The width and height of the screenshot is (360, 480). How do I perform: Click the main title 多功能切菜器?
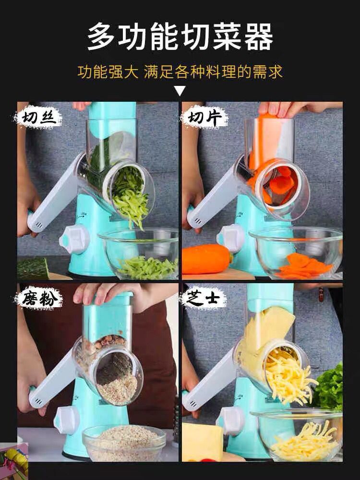point(180,37)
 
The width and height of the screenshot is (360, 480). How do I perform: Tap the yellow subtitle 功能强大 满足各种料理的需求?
point(180,72)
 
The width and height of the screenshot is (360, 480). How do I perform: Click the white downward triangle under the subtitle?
point(180,91)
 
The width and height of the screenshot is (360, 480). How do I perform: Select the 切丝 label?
point(37,118)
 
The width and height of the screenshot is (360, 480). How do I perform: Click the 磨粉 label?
point(39,299)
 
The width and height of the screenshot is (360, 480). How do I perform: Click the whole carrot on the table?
point(206,259)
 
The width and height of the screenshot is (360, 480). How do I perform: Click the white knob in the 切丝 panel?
point(75,239)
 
